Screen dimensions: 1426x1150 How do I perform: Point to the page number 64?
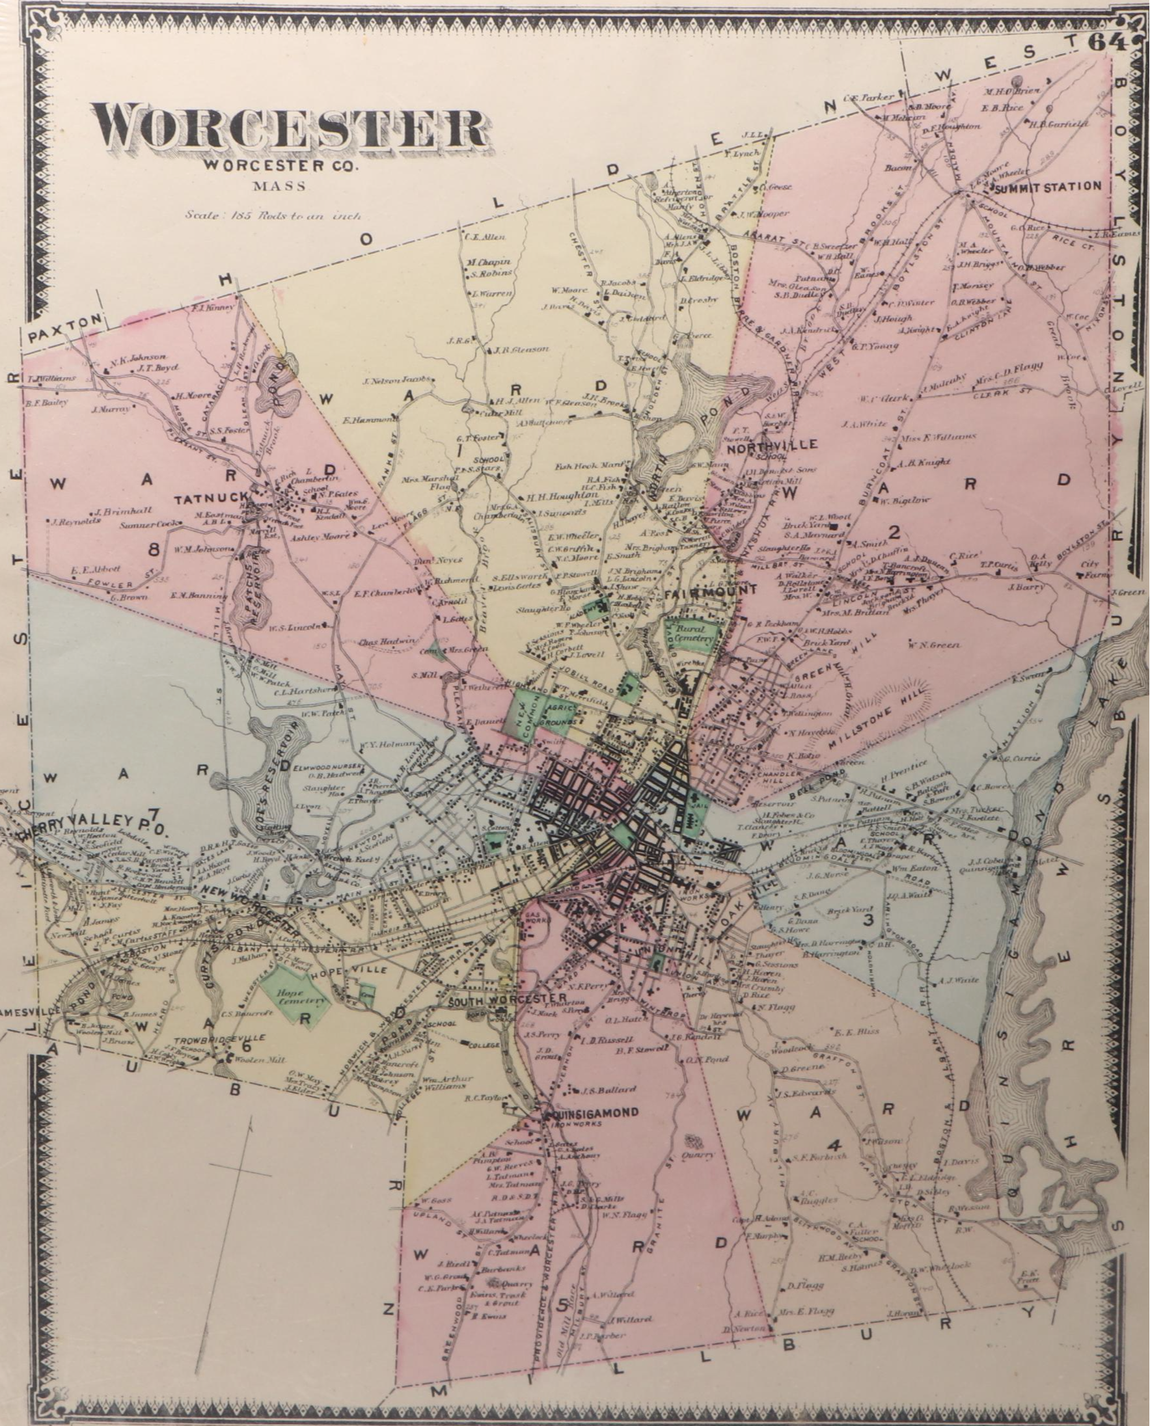1106,43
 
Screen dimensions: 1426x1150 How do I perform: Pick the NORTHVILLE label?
772,444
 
